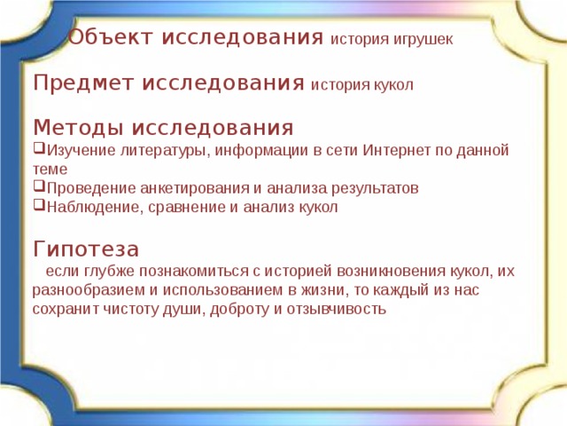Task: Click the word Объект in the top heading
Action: [x=105, y=38]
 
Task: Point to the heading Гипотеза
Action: [x=85, y=248]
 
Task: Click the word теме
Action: [x=50, y=169]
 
